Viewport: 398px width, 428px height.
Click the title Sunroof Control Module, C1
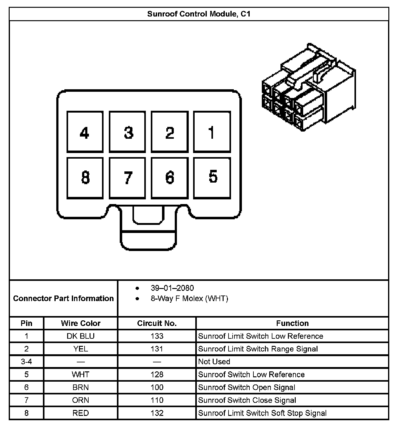click(x=199, y=14)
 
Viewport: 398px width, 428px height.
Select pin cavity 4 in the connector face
click(x=85, y=132)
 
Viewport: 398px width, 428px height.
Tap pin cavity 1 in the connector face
click(x=212, y=132)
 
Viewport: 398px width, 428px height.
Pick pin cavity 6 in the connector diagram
click(x=170, y=178)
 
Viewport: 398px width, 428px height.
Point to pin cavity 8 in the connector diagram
click(x=85, y=178)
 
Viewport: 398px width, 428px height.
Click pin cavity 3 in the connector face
click(x=127, y=132)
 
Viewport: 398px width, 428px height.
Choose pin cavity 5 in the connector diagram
click(x=212, y=177)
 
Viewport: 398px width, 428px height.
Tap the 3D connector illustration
click(x=309, y=87)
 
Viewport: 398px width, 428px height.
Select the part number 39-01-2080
click(x=172, y=288)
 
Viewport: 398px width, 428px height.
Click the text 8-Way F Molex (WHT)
click(x=189, y=299)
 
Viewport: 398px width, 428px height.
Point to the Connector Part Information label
click(x=63, y=299)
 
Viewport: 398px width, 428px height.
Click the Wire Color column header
click(x=81, y=323)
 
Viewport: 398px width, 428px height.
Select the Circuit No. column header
click(x=157, y=323)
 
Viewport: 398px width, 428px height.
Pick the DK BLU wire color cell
click(x=81, y=336)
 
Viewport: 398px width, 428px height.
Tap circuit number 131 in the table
click(x=157, y=349)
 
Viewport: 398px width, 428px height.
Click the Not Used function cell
click(x=214, y=362)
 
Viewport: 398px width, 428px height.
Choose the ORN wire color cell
click(x=81, y=400)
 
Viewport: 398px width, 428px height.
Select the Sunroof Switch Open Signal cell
click(x=247, y=388)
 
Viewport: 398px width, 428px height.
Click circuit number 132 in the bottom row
click(x=157, y=413)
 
